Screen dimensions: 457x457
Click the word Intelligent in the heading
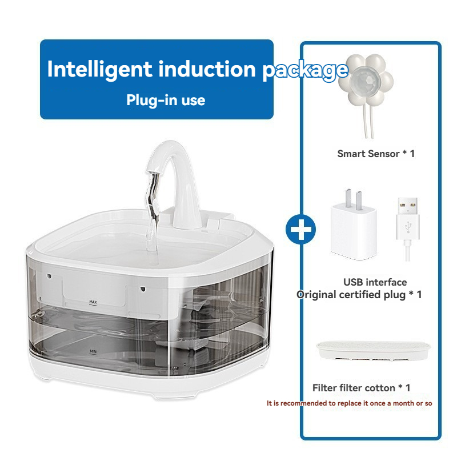tap(99, 70)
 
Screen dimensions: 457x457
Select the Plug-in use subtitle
tap(166, 101)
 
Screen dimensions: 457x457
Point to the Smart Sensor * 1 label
tap(376, 154)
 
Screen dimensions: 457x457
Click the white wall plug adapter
tap(354, 225)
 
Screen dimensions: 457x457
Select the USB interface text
tap(375, 282)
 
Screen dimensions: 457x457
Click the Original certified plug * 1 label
tap(359, 295)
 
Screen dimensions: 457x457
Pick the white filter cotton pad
tap(374, 351)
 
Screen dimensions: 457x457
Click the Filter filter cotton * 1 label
tap(362, 388)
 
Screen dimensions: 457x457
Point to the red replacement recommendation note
tap(349, 403)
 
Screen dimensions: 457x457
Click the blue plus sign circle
tap(301, 229)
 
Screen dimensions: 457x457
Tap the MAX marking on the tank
tap(93, 302)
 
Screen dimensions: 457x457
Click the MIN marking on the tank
tap(93, 352)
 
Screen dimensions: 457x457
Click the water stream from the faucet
tap(153, 213)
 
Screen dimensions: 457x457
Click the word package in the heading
tap(305, 70)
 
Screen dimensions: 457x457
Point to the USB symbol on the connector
tap(408, 227)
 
